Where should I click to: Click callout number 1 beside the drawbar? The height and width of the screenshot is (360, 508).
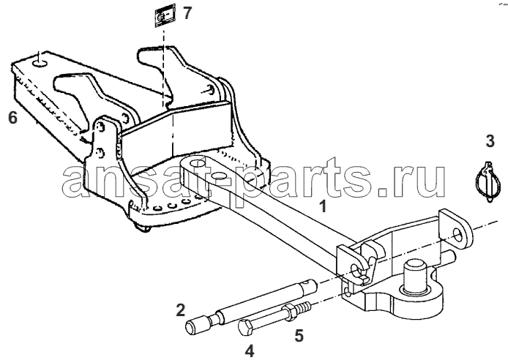pos(323,206)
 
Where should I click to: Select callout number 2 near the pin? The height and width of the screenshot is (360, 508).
pos(181,310)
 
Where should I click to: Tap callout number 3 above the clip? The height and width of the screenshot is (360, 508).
pos(490,141)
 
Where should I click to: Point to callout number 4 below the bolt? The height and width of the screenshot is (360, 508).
pos(250,351)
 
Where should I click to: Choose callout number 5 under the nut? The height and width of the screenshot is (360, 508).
pos(299,335)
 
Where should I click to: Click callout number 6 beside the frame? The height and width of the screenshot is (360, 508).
pos(12,117)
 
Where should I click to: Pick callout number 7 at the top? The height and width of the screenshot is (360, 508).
pos(187,13)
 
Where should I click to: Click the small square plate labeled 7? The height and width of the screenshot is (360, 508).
pos(165,16)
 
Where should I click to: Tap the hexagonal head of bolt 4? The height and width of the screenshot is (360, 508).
pos(245,326)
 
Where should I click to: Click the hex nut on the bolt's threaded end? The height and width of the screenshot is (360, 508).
pos(289,312)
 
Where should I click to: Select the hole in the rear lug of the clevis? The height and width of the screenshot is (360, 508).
pos(459,233)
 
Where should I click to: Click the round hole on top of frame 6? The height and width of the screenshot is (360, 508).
pos(40,64)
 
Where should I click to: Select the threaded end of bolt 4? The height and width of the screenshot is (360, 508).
pos(304,306)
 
